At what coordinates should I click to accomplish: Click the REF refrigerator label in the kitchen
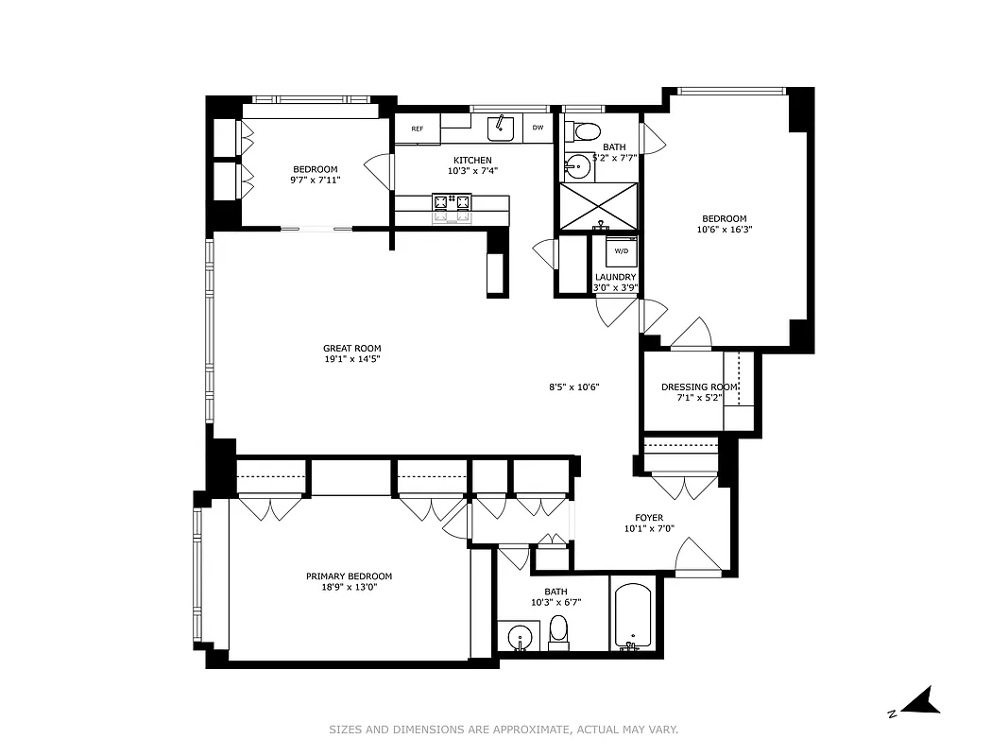417,128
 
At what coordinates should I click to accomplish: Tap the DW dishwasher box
538,128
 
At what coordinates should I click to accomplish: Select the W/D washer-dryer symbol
621,251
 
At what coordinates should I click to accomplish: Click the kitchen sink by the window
500,127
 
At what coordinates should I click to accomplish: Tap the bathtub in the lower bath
632,615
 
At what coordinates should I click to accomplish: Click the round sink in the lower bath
518,637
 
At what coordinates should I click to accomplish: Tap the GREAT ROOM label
351,349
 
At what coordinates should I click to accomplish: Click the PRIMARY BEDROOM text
349,576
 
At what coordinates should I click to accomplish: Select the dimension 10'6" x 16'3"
725,230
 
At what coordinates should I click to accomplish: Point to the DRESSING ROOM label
699,387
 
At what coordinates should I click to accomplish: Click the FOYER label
649,518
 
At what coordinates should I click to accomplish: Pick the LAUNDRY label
615,277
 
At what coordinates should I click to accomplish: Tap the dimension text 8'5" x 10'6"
574,387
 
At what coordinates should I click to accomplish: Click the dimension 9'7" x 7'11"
316,180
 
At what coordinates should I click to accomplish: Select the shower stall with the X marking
599,206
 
